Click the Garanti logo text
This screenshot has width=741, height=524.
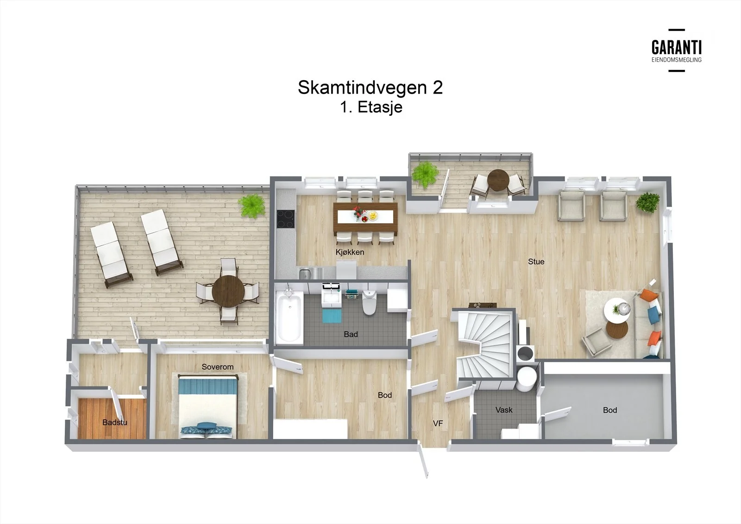click(x=677, y=48)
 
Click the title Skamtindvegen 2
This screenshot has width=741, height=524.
click(x=370, y=88)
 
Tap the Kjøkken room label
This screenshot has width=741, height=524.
click(x=350, y=252)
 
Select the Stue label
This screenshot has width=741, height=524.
click(x=536, y=261)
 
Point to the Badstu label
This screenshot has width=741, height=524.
click(x=115, y=423)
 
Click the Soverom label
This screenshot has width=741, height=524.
click(x=218, y=367)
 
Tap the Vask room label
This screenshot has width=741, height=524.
click(x=504, y=410)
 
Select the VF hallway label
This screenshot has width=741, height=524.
click(x=438, y=423)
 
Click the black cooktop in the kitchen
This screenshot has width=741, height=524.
click(x=285, y=219)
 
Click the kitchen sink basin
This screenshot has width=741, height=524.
click(x=305, y=273)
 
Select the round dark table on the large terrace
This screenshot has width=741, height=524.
click(x=228, y=291)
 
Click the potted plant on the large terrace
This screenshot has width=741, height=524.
click(x=252, y=205)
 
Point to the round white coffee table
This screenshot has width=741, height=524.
click(x=617, y=309)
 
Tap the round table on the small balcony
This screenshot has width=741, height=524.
click(x=498, y=180)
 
